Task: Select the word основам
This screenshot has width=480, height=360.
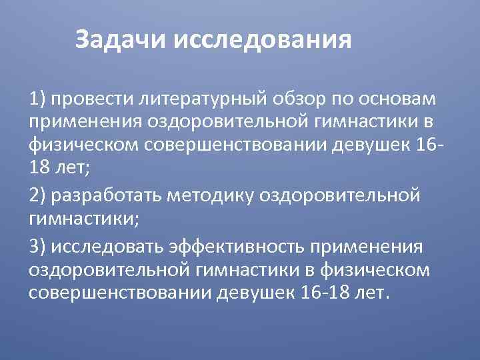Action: coord(398,99)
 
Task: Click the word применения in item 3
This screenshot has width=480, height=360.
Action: coord(365,247)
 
